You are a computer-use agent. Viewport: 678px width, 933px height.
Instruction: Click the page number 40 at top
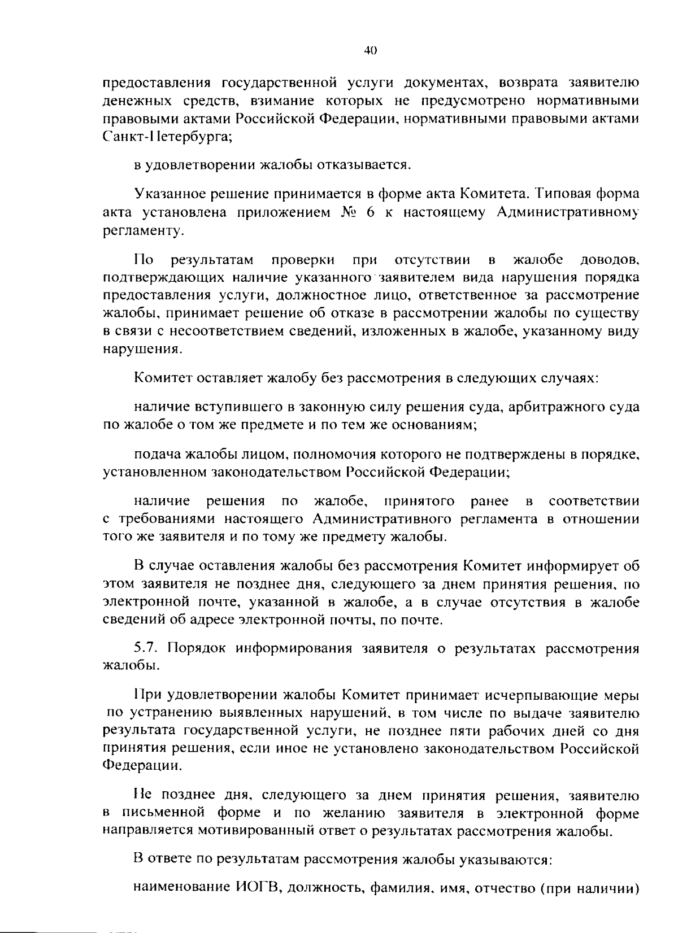click(x=370, y=50)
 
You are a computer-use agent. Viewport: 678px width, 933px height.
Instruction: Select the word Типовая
click(x=559, y=194)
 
